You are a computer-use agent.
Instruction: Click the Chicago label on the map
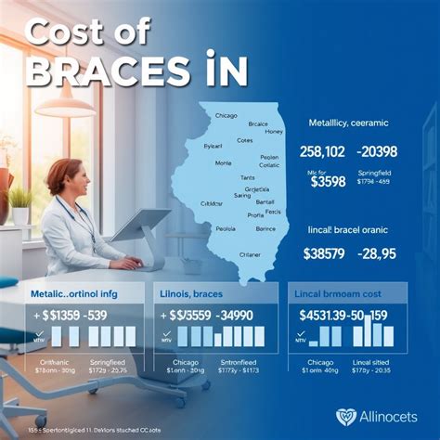click(226, 115)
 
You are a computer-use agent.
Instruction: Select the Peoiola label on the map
click(226, 227)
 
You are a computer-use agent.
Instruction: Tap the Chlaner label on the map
click(250, 252)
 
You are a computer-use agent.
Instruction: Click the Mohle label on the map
click(223, 162)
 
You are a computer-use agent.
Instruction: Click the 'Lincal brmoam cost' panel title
click(344, 293)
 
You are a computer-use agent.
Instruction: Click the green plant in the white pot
click(19, 197)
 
